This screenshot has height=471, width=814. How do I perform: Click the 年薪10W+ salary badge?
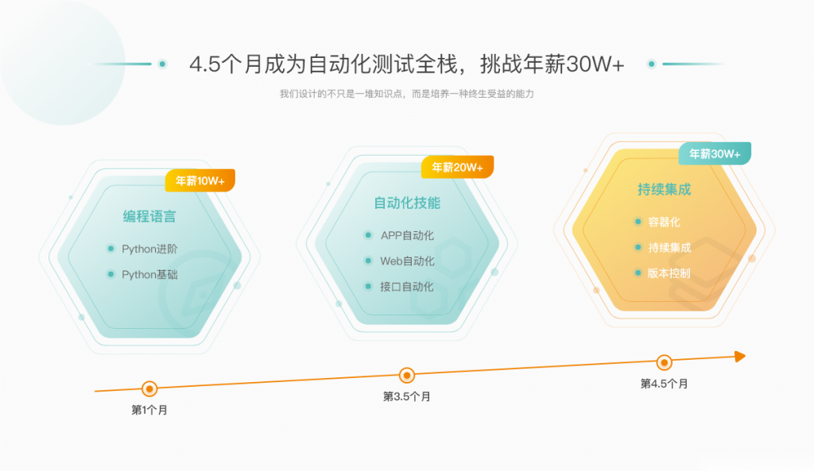200,180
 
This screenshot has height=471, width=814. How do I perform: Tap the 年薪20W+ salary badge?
457,167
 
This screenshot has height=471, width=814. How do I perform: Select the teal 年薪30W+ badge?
715,153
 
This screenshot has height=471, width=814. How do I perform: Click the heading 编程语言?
149,216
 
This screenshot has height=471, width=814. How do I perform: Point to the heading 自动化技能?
407,203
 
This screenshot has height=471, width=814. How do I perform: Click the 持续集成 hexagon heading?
665,189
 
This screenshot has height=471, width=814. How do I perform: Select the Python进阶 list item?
149,249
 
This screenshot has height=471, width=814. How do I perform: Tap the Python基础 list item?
149,274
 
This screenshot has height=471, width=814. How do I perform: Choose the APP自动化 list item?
407,235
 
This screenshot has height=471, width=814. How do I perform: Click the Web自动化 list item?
407,261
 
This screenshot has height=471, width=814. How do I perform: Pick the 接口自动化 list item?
406,287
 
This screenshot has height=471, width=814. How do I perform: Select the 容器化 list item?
664,222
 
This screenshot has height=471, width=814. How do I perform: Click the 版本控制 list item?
669,273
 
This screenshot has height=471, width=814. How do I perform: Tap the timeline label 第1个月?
149,410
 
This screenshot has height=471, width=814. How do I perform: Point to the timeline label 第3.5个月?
407,396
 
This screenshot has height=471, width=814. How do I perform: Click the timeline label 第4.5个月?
664,384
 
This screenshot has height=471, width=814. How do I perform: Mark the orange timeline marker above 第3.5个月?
407,375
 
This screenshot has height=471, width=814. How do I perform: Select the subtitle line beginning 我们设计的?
407,94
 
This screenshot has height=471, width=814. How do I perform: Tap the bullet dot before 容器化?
638,222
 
